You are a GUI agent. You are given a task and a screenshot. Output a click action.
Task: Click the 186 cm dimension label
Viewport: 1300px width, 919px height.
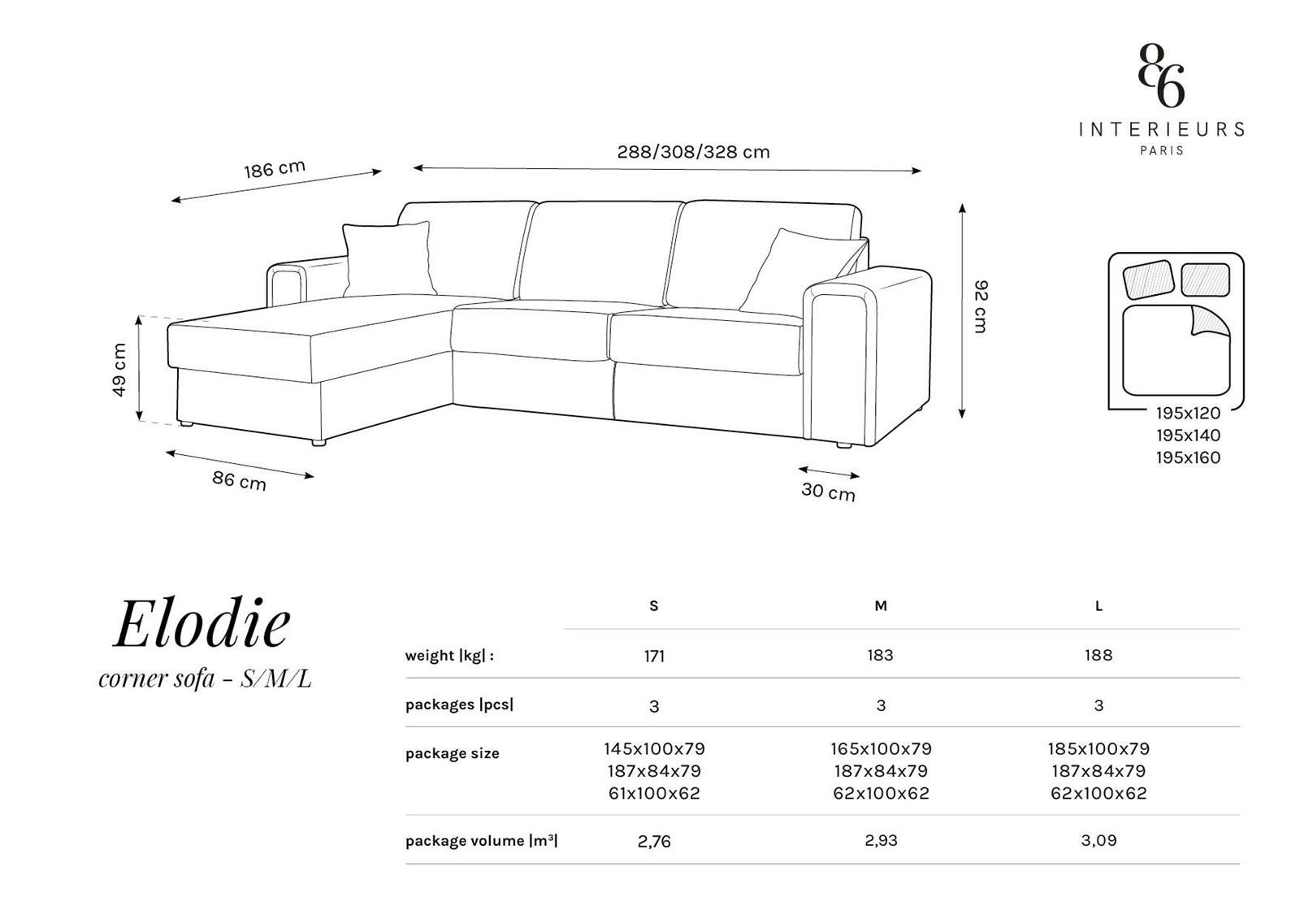(x=275, y=169)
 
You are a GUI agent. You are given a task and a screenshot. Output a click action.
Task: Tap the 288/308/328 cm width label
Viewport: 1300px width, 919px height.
(x=693, y=152)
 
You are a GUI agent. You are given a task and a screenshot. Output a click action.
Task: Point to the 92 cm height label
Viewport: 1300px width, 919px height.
(x=980, y=306)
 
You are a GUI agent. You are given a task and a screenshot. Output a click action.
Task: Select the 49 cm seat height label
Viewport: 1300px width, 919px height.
(x=119, y=370)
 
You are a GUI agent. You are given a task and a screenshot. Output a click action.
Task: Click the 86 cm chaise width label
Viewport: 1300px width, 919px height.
(x=239, y=481)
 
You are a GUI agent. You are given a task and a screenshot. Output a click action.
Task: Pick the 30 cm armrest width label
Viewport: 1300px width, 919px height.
(x=828, y=491)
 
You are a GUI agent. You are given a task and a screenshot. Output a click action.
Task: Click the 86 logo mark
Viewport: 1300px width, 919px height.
(x=1161, y=76)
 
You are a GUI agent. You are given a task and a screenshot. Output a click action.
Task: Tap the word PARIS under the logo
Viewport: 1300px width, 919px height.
(x=1161, y=150)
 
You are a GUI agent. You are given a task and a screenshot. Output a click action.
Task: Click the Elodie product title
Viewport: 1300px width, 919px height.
(x=201, y=623)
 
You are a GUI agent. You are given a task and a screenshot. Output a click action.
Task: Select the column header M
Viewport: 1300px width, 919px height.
(x=881, y=606)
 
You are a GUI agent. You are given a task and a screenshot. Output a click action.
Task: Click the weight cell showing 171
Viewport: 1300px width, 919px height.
(x=654, y=656)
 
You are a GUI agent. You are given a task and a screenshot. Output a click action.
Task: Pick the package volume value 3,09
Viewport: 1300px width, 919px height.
(x=1098, y=840)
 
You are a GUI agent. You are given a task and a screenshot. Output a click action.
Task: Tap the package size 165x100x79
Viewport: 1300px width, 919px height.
(x=881, y=749)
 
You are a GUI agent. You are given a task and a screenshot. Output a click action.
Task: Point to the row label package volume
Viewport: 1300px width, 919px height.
(x=481, y=841)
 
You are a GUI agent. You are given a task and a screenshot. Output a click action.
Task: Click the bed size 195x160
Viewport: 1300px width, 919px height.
(x=1188, y=457)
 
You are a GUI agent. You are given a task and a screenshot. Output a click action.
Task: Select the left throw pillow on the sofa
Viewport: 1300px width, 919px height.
(x=388, y=259)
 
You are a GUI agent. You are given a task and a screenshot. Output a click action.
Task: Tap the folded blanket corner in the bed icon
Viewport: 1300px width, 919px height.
(x=1210, y=322)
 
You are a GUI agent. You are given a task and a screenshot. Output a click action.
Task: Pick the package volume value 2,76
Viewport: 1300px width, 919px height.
(x=654, y=841)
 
